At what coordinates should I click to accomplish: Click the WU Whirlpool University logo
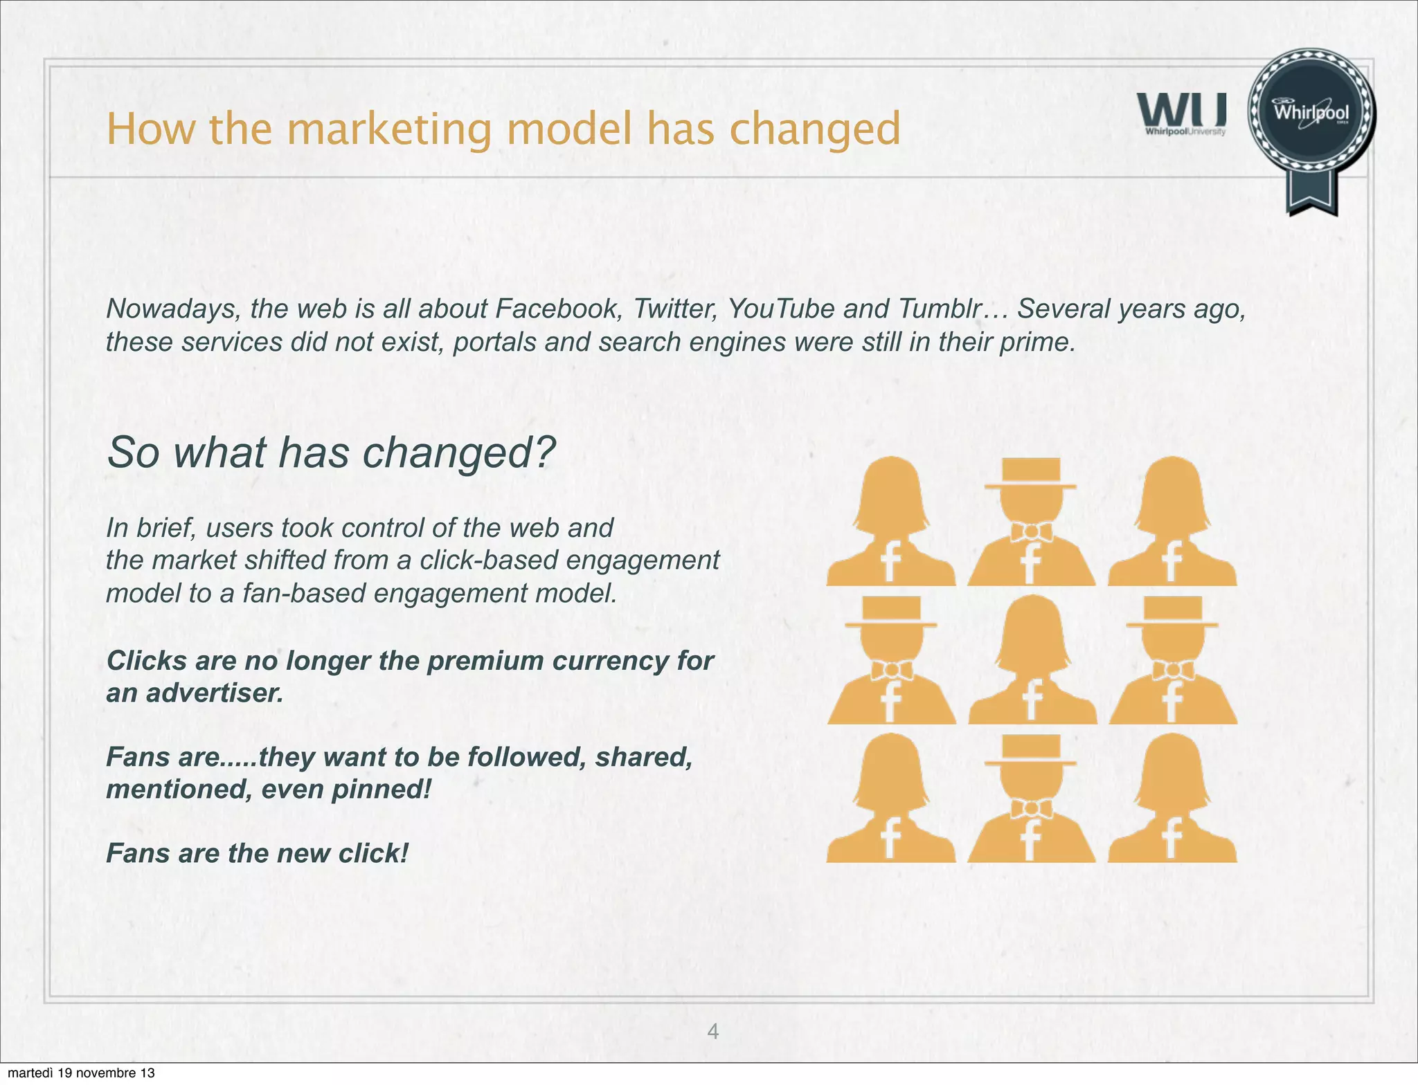click(x=1181, y=114)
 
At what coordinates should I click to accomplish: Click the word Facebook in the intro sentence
click(x=557, y=309)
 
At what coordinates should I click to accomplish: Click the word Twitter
click(x=674, y=309)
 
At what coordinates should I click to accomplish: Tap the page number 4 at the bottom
click(x=712, y=1032)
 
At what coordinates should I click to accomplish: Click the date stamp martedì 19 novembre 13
click(x=81, y=1073)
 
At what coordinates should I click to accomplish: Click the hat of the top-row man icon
click(x=1031, y=473)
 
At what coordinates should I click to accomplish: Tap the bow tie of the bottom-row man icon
click(x=1031, y=808)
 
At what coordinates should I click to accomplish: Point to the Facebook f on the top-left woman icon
click(x=890, y=560)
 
